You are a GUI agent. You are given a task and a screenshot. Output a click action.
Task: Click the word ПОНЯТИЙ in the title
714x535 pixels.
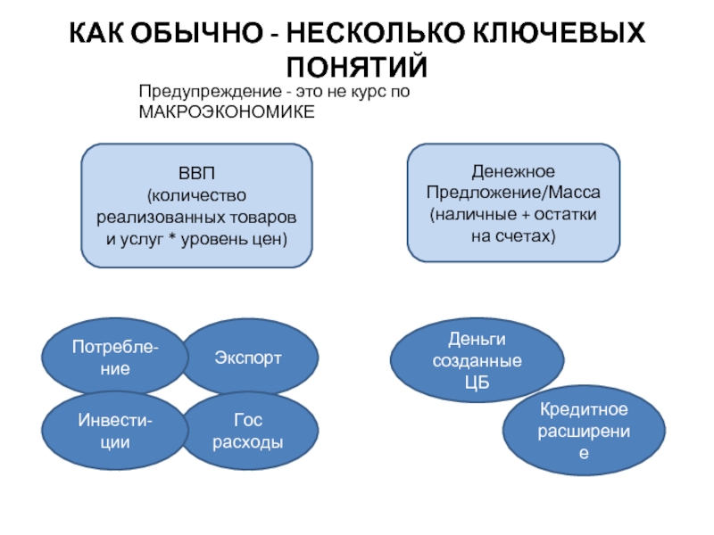357,66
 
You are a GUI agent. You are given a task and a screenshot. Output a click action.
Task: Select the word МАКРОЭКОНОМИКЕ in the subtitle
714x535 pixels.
227,112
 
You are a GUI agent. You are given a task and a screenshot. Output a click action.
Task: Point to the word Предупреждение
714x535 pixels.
211,92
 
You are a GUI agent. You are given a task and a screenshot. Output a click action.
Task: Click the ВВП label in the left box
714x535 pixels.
196,173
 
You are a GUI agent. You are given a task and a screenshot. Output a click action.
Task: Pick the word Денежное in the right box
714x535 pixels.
513,172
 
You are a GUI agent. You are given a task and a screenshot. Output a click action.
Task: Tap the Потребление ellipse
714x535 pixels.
115,357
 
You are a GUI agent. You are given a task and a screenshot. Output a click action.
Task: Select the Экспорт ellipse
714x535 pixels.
249,357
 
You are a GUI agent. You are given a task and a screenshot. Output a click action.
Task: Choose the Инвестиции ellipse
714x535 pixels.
115,431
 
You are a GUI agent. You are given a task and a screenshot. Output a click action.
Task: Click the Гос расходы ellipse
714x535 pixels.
249,431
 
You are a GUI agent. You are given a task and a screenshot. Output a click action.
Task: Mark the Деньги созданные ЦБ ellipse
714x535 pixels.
477,360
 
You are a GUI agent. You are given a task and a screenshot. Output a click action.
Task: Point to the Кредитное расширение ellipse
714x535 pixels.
584,431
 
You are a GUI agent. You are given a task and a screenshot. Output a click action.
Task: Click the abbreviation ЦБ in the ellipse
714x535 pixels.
477,383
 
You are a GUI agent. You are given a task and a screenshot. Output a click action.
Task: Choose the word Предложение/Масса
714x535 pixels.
513,193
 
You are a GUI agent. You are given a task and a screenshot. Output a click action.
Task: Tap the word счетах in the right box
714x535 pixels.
528,236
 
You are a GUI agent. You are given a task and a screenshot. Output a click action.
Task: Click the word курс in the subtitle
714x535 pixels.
363,93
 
